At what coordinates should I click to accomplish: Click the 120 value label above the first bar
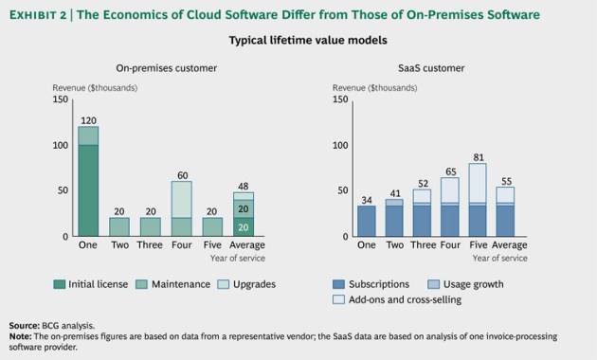[x=88, y=121]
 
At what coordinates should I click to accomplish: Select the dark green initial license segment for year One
[x=88, y=189]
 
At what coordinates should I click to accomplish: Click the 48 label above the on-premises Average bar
[x=244, y=187]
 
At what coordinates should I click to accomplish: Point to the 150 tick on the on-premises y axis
[x=62, y=99]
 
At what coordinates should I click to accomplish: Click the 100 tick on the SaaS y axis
[x=346, y=145]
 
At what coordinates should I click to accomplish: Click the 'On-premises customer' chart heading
[x=167, y=69]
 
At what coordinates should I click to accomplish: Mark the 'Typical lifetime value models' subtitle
[x=298, y=41]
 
